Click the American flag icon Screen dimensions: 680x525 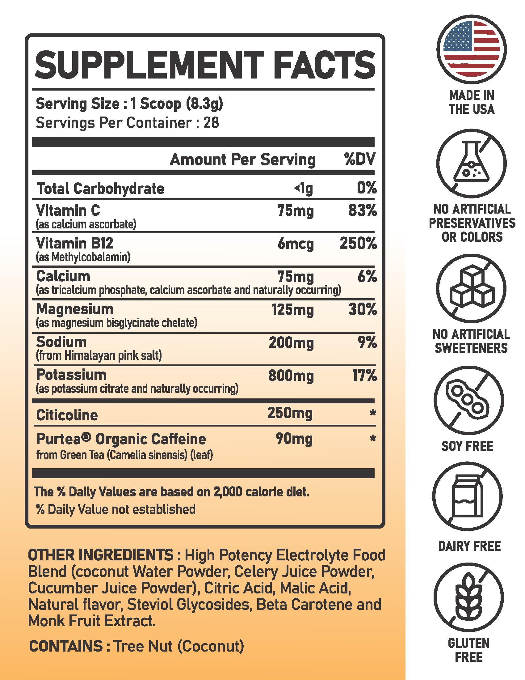tap(471, 49)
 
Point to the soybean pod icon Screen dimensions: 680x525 tap(468, 400)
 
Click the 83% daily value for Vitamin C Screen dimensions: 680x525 tap(362, 210)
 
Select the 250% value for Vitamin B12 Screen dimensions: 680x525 tap(358, 244)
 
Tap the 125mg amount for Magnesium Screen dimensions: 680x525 tap(293, 310)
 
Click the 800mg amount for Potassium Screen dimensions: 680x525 tap(291, 376)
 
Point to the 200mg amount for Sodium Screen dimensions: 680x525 tap(291, 343)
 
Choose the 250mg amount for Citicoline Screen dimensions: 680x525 tap(290, 414)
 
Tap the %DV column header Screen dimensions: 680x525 tap(360, 159)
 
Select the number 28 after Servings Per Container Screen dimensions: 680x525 tap(211, 123)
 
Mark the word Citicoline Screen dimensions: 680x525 tap(67, 415)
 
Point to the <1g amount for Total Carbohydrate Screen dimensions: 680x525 tap(304, 188)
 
